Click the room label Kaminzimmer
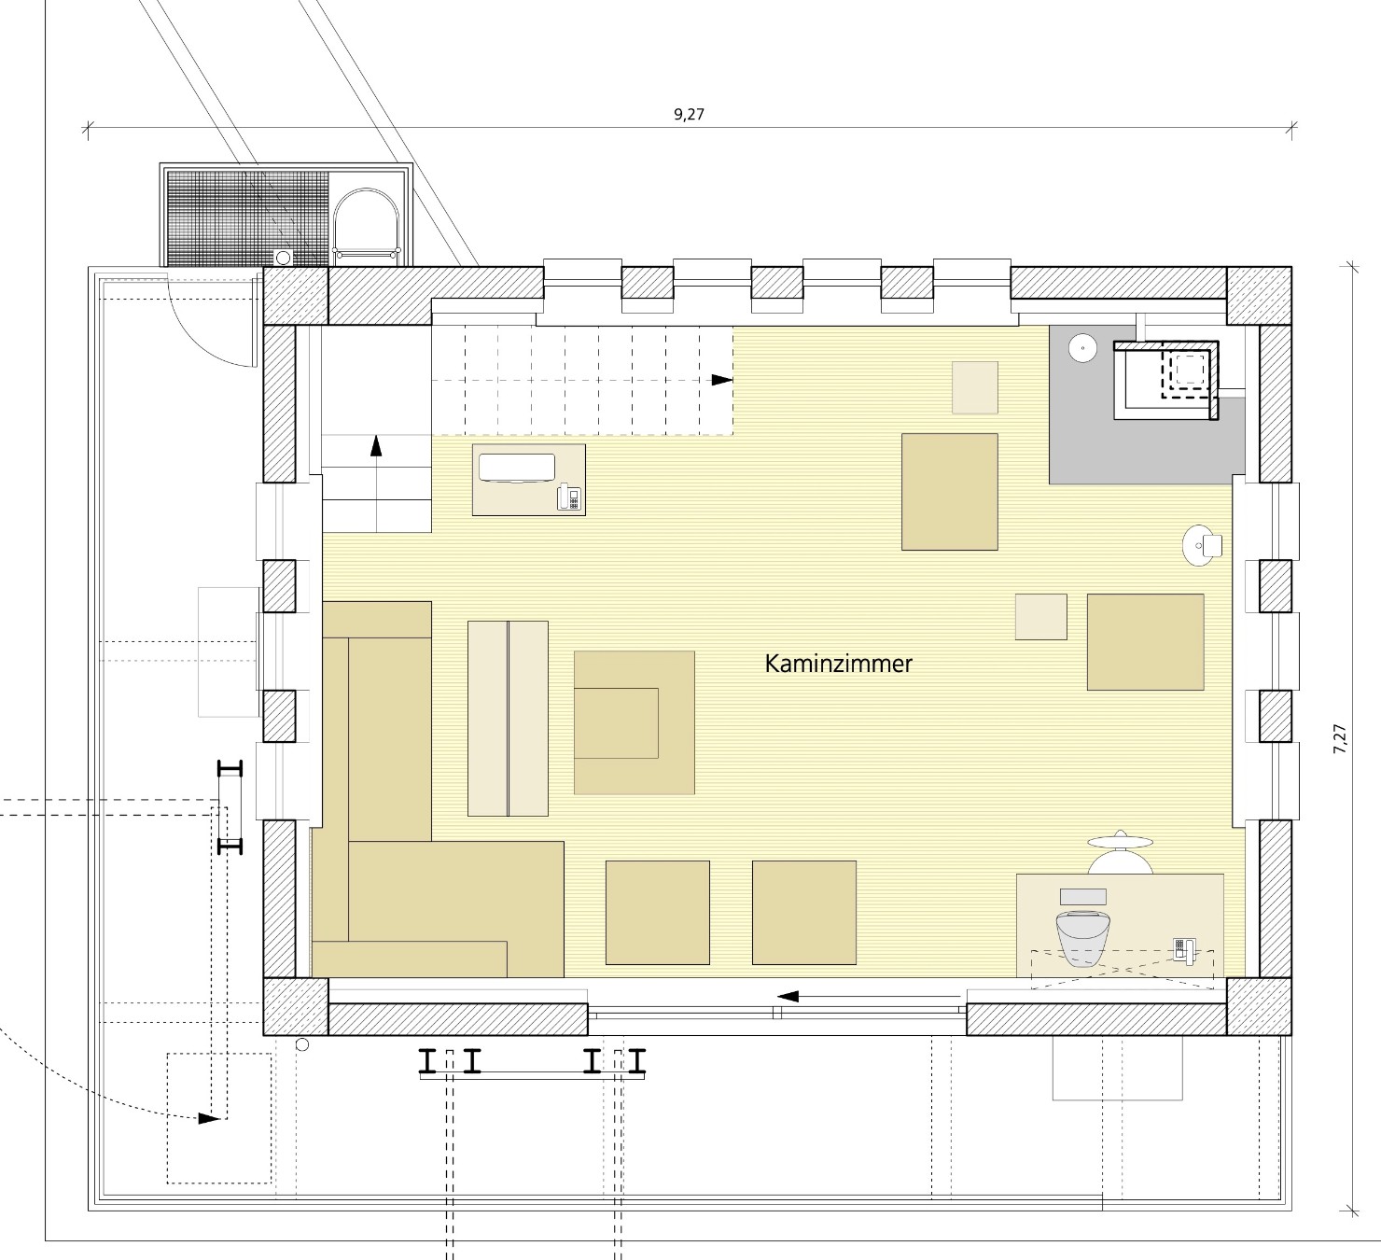tap(838, 665)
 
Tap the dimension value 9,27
tap(690, 115)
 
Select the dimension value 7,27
tap(1340, 738)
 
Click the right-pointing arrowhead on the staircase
tap(722, 380)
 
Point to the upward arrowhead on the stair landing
tap(376, 446)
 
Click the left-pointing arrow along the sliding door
tap(870, 996)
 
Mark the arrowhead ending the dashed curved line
tap(209, 1118)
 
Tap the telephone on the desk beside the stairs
tap(568, 497)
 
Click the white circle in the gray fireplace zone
tap(1083, 348)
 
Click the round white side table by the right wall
tap(1202, 546)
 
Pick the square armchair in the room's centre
tap(635, 722)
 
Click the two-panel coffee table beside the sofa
tap(508, 719)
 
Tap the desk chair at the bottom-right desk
tap(1120, 854)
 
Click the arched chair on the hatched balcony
tap(366, 225)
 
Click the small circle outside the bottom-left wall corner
tap(301, 1044)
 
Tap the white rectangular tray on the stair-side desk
tap(517, 468)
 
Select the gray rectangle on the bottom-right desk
tap(1083, 896)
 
